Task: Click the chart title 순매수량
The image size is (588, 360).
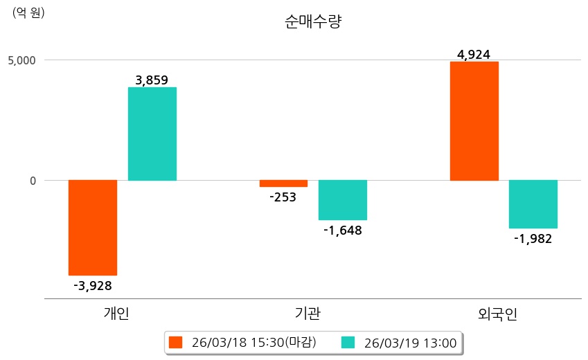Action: point(313,22)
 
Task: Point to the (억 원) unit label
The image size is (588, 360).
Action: point(28,12)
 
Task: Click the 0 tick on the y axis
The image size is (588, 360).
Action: point(31,181)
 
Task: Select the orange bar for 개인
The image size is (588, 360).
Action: point(92,228)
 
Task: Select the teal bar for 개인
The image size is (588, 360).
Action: point(152,134)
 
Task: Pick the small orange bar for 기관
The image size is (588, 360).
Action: point(283,183)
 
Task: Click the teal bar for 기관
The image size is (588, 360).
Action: point(342,200)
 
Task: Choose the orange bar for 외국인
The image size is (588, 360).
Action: point(474,121)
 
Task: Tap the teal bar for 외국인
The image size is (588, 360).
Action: point(533,204)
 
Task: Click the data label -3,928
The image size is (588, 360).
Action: point(92,285)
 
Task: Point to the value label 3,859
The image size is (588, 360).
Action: point(152,80)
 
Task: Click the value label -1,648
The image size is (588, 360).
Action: point(342,230)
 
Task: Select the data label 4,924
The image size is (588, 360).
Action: point(474,54)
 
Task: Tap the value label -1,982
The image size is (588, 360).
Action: point(533,239)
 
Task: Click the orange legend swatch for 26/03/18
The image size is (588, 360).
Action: point(175,343)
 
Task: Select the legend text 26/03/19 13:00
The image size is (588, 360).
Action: point(410,343)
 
